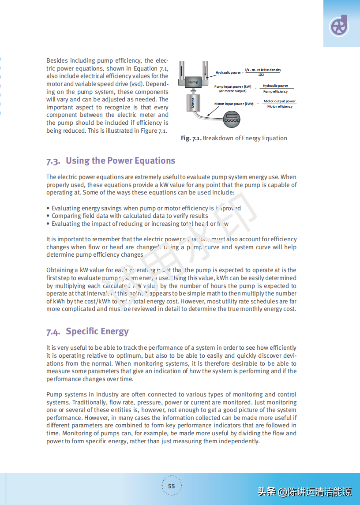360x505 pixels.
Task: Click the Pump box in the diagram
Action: (x=193, y=82)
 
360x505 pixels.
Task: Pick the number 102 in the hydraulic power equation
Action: (x=261, y=75)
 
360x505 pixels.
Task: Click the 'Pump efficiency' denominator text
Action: (x=275, y=91)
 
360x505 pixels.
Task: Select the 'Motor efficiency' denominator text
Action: (x=280, y=106)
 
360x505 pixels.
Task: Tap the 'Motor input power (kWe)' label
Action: (x=234, y=104)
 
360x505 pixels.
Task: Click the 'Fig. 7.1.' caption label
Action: (x=191, y=138)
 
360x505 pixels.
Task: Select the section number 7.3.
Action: (x=53, y=161)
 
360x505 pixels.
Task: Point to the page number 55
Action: (x=171, y=486)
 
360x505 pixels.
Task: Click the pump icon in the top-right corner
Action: (x=339, y=26)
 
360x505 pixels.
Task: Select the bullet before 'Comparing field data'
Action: (x=48, y=216)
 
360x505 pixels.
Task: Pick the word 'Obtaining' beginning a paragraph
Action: (x=60, y=270)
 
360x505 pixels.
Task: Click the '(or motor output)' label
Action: (x=233, y=91)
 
